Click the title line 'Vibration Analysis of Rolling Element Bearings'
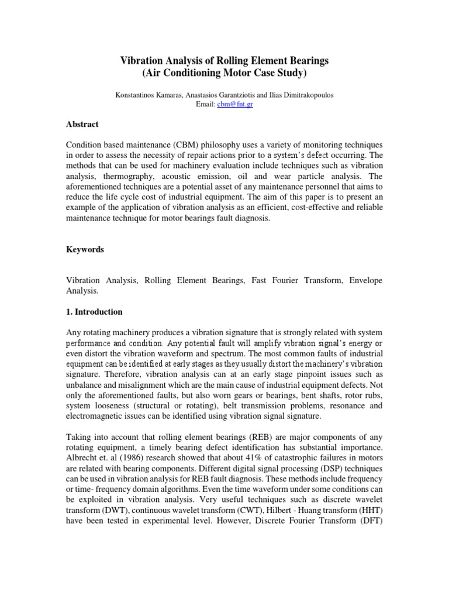tap(224, 60)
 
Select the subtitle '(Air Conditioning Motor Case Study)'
tap(224, 73)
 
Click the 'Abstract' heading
tap(82, 125)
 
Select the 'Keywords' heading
tap(85, 249)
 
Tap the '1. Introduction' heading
tap(94, 312)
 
